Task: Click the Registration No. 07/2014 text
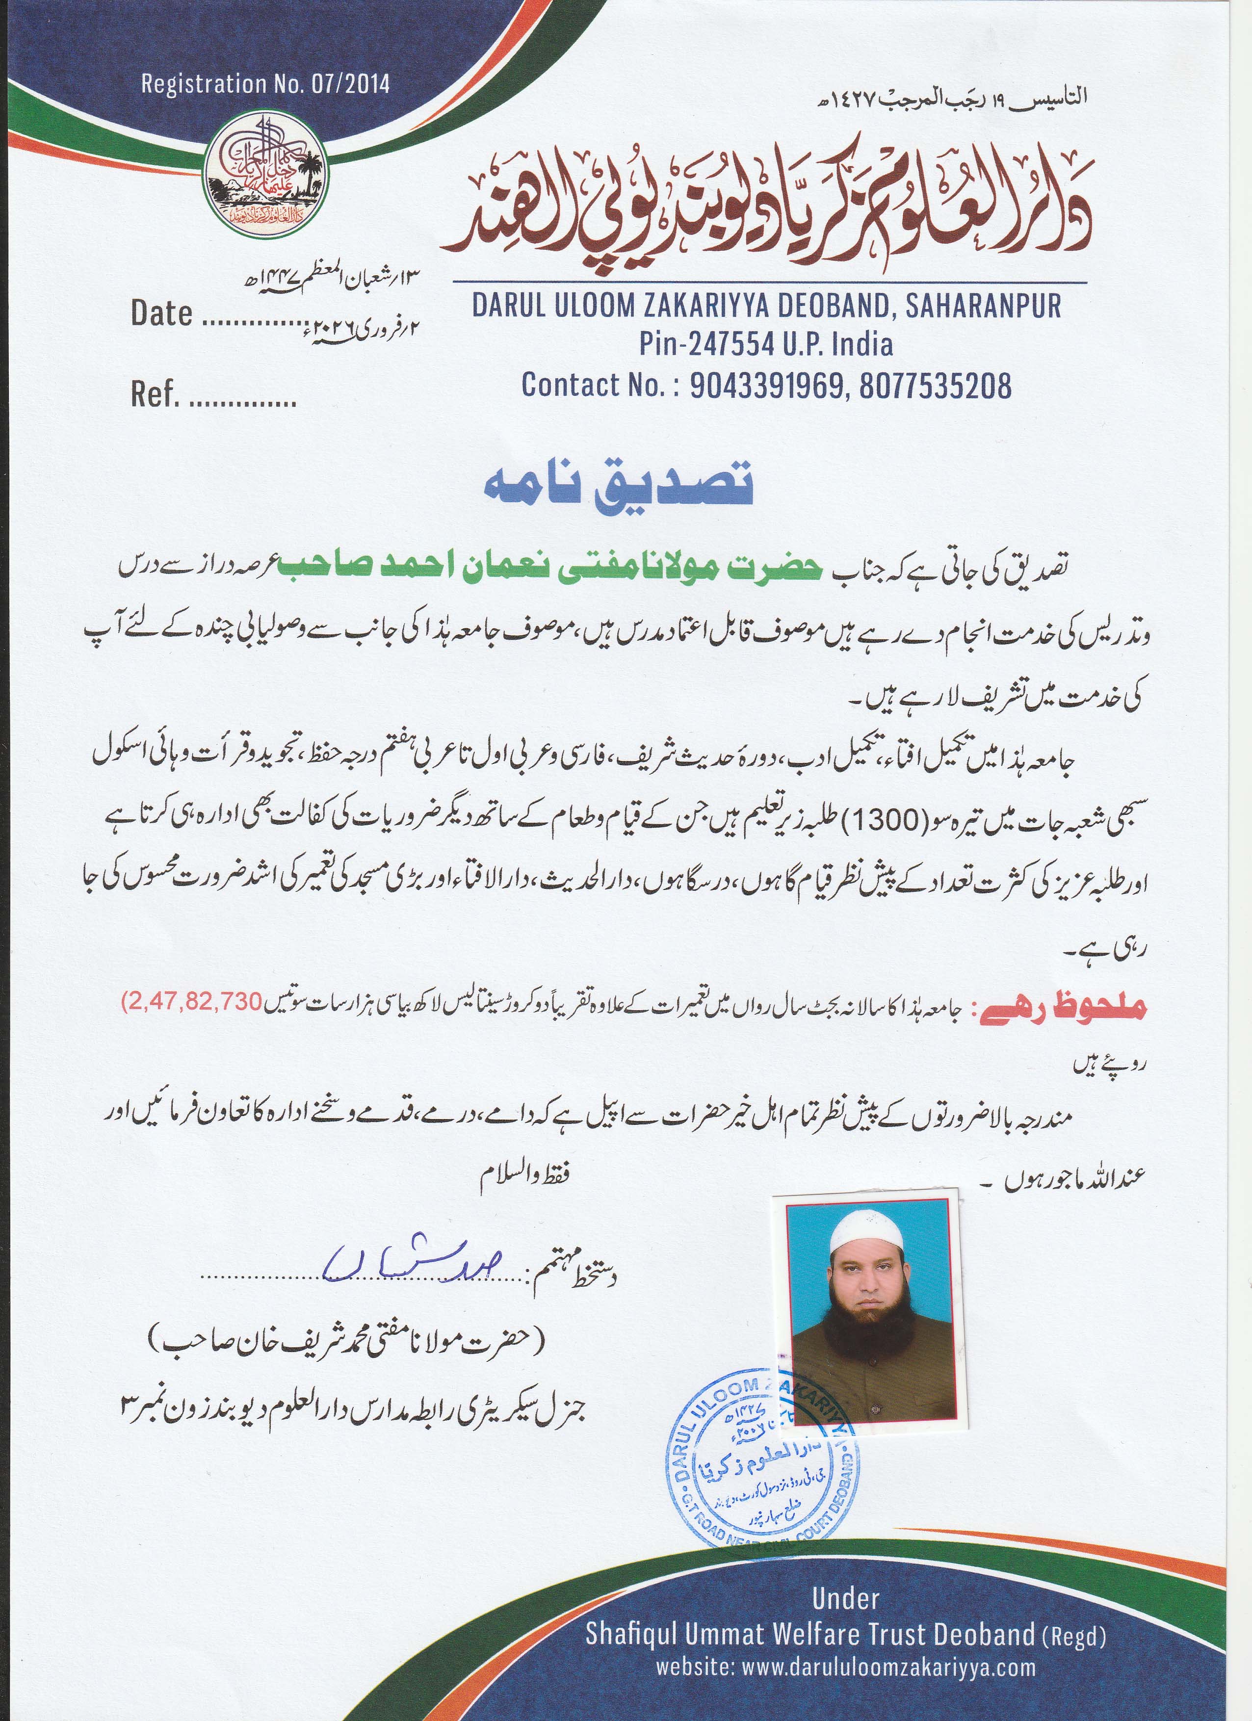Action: coord(265,83)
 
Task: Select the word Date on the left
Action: coord(161,313)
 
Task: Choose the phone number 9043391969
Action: coord(766,386)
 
